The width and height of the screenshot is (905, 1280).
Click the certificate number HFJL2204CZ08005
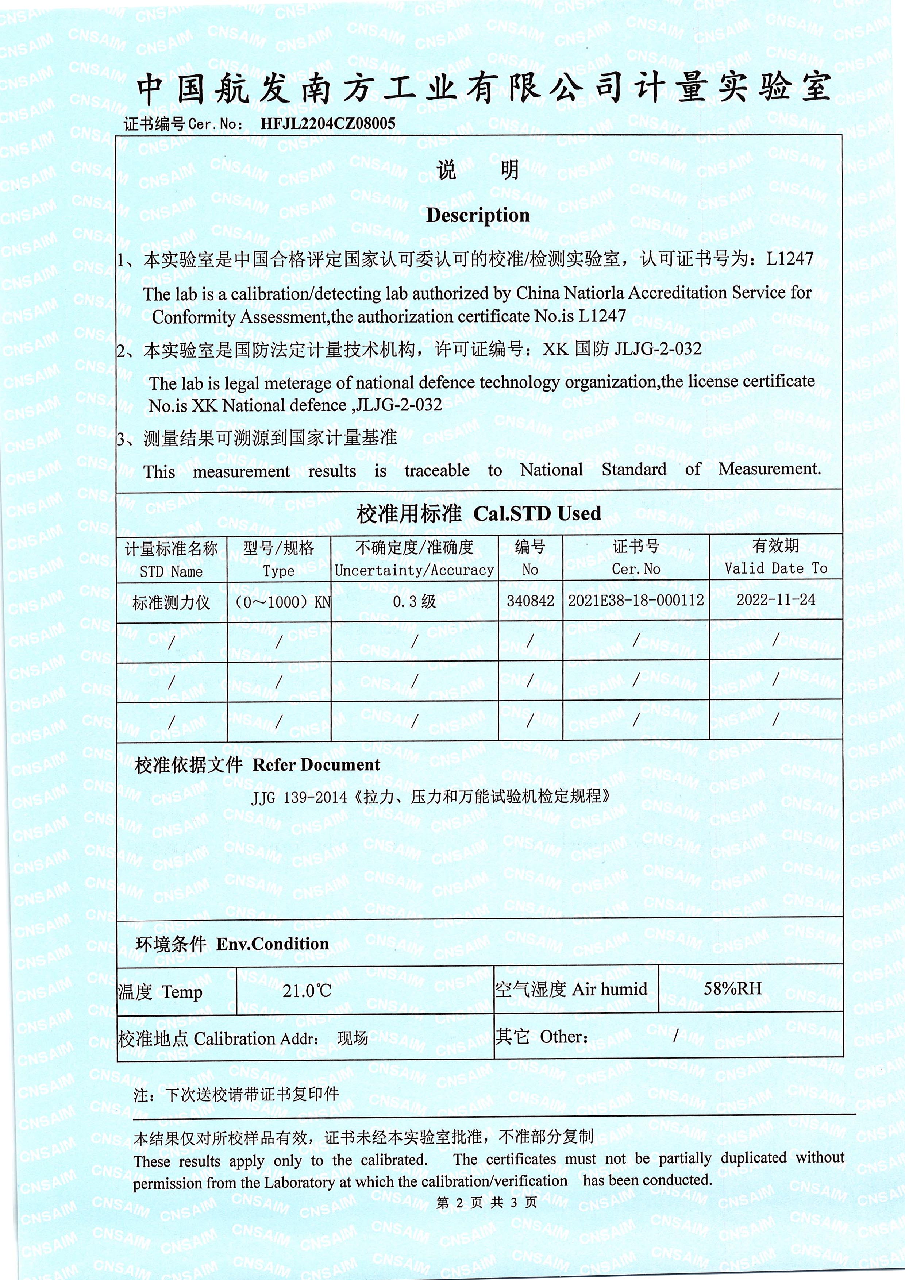click(x=327, y=123)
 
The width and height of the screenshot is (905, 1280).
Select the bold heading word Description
click(x=478, y=215)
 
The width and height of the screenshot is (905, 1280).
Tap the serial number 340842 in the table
click(x=530, y=601)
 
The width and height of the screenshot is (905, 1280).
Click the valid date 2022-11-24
click(x=775, y=600)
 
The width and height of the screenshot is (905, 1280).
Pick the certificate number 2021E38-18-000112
click(x=636, y=601)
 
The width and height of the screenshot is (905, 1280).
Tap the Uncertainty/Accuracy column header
click(x=414, y=570)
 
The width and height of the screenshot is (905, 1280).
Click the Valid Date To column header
click(x=775, y=568)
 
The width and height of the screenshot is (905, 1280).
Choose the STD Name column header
click(x=171, y=571)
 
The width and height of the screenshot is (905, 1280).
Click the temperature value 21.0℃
click(x=307, y=991)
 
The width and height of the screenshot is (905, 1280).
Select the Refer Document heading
click(x=316, y=765)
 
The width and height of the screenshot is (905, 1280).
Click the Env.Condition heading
click(x=272, y=944)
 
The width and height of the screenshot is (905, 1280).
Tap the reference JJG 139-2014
click(x=299, y=797)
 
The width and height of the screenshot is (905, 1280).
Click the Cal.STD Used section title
click(x=537, y=513)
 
